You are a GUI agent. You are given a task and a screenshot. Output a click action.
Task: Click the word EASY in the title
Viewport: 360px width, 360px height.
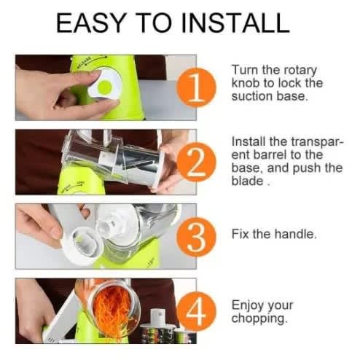point(91,23)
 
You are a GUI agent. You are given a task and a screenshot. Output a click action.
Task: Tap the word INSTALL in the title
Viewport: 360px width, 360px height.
point(235,23)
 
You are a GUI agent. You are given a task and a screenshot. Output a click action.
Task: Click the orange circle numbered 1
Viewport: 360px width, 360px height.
point(196,87)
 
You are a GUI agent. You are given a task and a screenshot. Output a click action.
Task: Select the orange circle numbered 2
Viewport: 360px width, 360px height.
point(196,162)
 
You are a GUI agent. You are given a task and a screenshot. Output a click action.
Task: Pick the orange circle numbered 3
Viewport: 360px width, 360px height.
point(196,237)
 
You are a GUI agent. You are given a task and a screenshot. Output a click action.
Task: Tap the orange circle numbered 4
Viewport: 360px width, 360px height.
point(196,312)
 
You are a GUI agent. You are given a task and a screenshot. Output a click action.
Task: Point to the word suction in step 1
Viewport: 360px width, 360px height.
point(252,96)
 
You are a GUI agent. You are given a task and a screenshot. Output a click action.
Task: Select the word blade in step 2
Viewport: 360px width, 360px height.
point(247,181)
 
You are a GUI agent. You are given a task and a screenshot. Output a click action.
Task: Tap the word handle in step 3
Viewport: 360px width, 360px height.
point(295,234)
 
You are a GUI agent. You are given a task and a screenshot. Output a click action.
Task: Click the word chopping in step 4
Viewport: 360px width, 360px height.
point(259,318)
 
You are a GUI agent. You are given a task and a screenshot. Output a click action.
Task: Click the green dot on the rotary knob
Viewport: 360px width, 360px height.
point(105,87)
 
